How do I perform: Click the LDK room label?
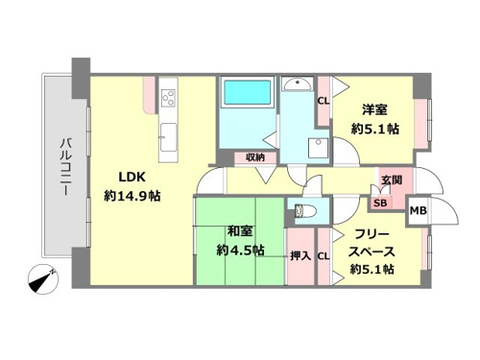click(x=132, y=177)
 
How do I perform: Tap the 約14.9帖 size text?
click(x=132, y=196)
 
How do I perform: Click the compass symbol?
click(x=43, y=279)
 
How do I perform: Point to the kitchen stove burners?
click(x=168, y=97)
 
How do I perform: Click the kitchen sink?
click(x=168, y=137)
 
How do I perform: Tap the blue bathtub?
click(x=247, y=92)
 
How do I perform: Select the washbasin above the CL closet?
click(x=299, y=84)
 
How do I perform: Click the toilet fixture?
click(x=305, y=211)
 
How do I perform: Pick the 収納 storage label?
click(x=255, y=157)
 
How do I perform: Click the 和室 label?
click(x=240, y=231)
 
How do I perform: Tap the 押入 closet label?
click(x=300, y=255)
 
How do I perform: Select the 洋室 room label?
click(x=374, y=109)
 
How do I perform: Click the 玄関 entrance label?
click(x=392, y=180)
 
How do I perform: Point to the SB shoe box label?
click(x=380, y=203)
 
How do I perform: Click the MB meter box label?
click(x=419, y=210)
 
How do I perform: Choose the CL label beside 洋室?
click(x=324, y=101)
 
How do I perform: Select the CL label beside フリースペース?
click(x=324, y=255)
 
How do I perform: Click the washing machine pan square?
click(x=319, y=148)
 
